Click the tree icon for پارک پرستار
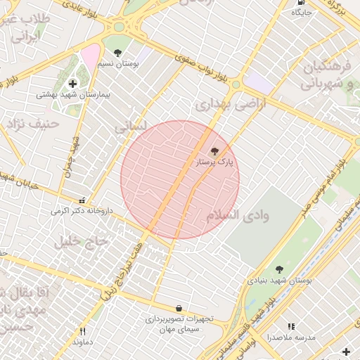[214, 151]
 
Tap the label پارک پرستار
[214, 162]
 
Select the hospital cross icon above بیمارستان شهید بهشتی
[72, 84]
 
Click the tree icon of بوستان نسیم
[117, 53]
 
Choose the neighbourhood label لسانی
[129, 128]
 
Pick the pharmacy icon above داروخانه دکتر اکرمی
[83, 200]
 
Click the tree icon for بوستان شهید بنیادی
[279, 269]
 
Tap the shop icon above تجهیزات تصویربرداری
[179, 308]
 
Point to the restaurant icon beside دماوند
[82, 332]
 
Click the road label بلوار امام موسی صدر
[324, 184]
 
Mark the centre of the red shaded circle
[180, 179]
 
